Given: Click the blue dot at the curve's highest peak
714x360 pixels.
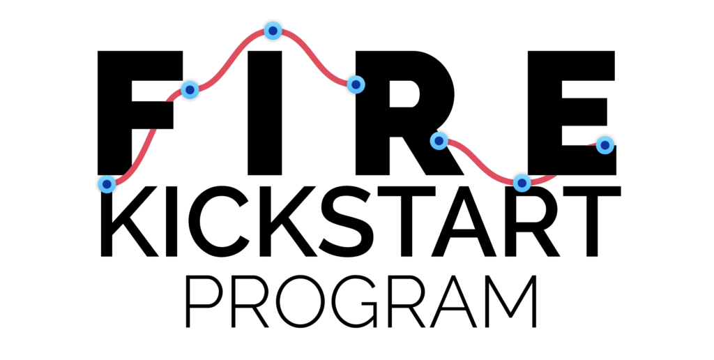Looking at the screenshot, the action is click(273, 31).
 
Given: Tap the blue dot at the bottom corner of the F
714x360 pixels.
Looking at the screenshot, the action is click(107, 184).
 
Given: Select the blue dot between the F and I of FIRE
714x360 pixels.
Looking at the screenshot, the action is click(190, 90).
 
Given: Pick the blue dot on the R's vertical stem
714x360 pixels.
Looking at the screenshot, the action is click(356, 84).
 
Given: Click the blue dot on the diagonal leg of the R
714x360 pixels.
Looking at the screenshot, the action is click(439, 141).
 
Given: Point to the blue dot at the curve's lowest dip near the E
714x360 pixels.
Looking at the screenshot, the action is click(522, 183).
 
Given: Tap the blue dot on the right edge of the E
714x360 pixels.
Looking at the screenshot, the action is click(605, 145).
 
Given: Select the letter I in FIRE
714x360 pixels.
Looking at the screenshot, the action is click(264, 112).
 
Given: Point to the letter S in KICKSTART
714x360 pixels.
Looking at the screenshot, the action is click(347, 221).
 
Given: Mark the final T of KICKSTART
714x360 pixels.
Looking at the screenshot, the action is click(592, 221).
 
